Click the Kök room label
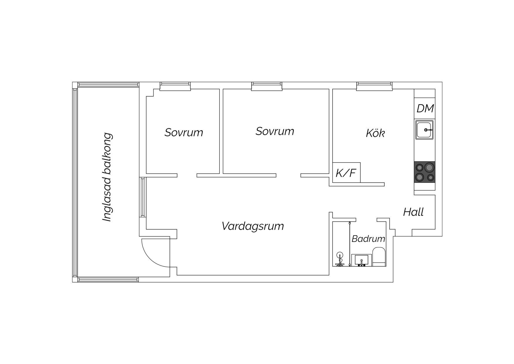click(x=375, y=133)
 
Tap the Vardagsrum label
click(x=253, y=226)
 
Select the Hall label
click(x=413, y=212)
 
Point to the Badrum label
click(x=368, y=239)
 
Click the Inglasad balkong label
click(x=107, y=177)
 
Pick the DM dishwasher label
click(x=425, y=108)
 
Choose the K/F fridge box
click(x=346, y=173)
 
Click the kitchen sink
click(x=424, y=129)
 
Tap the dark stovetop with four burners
click(x=425, y=172)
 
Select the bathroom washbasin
click(x=362, y=260)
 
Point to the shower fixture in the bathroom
click(x=340, y=259)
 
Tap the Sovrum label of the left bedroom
click(x=184, y=132)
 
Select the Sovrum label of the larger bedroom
click(x=275, y=131)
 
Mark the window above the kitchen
click(x=374, y=86)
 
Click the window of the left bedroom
click(x=175, y=86)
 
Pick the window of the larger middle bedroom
click(x=267, y=86)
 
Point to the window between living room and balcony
click(x=143, y=197)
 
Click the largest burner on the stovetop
click(x=429, y=167)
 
